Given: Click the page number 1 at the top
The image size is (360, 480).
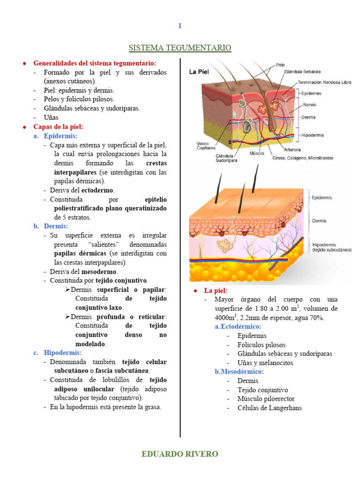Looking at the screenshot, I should (x=180, y=26).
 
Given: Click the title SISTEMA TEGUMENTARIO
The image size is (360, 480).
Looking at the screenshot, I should (x=180, y=48).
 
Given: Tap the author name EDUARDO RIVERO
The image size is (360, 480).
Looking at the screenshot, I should (x=180, y=454).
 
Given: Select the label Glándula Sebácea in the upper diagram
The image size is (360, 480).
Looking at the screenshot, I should (x=302, y=72).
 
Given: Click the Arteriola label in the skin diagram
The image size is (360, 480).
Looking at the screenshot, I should (x=284, y=151).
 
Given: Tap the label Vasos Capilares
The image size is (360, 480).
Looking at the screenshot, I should (x=200, y=145).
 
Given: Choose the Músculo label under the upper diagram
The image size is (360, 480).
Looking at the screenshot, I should (x=256, y=153).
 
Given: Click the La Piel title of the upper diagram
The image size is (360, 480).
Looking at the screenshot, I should (x=199, y=72).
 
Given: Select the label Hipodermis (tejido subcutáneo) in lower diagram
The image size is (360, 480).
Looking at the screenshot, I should (x=331, y=247).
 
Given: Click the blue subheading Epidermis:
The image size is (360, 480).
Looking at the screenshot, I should (x=60, y=135).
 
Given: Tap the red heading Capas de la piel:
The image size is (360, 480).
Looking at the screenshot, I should (x=58, y=127).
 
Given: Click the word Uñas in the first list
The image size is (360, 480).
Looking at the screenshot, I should (x=51, y=118).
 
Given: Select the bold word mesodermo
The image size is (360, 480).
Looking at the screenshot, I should (x=99, y=271).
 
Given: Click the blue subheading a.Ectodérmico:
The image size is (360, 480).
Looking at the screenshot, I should (x=238, y=327).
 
